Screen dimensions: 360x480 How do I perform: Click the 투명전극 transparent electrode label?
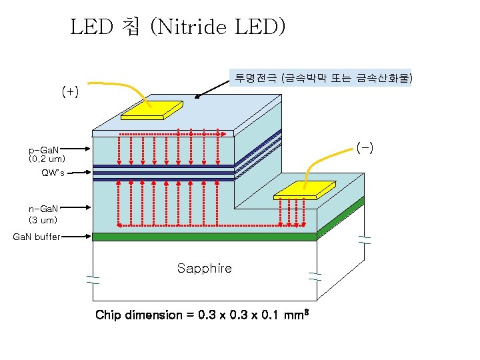pos(321,79)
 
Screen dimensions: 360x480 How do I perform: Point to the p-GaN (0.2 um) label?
pos(47,155)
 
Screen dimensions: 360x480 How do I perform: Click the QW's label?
pos(53,173)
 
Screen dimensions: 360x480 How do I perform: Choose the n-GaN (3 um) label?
pos(44,214)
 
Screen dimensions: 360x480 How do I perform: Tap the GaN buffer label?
pos(37,236)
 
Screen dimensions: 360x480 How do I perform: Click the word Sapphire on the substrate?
pos(204,268)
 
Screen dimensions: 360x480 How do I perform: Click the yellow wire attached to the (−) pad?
pos(327,157)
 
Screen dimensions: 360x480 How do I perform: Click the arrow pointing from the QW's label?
pos(80,173)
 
